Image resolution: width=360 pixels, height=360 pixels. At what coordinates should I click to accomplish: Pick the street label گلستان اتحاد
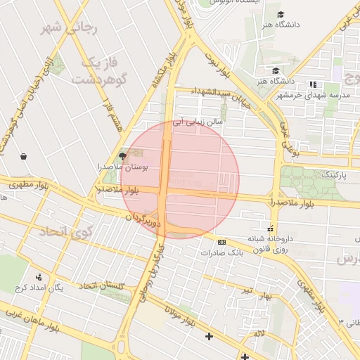102,285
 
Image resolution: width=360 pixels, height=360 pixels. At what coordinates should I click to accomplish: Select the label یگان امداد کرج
58,288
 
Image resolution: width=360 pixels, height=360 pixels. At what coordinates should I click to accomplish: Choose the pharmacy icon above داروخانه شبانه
269,228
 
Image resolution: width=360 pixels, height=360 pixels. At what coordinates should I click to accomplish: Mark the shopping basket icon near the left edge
25,156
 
